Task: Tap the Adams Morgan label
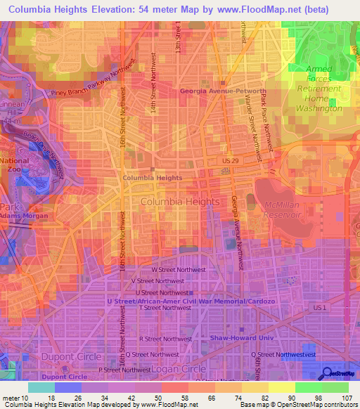click(24, 216)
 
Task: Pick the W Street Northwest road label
click(179, 269)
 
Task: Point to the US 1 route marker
click(320, 309)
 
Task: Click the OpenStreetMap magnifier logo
click(328, 373)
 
